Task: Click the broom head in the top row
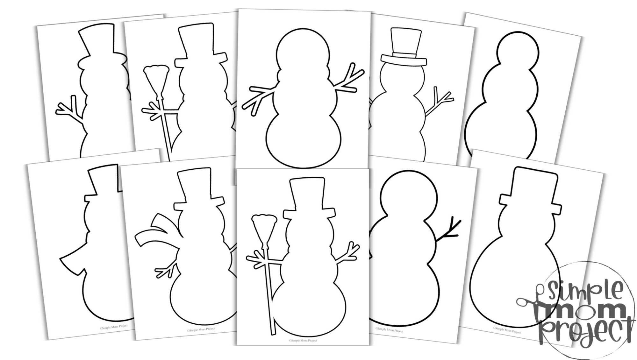coord(156,78)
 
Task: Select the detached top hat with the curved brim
coord(404,47)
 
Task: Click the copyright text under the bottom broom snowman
coord(303,340)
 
